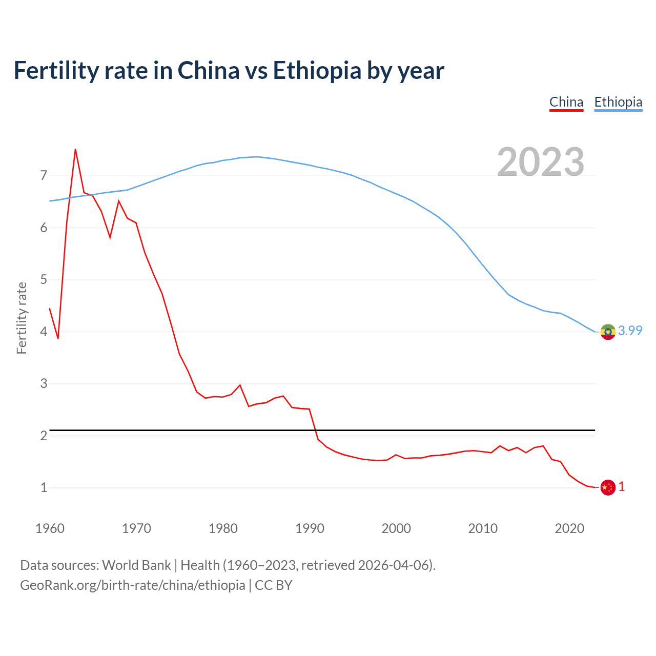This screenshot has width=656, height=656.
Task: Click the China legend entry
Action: [x=566, y=102]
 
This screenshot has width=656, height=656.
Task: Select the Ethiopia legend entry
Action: [x=618, y=102]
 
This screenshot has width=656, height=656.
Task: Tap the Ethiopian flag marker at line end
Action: [x=608, y=332]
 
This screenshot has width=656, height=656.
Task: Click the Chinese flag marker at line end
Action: [x=608, y=487]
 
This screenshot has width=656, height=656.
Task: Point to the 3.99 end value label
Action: [x=630, y=331]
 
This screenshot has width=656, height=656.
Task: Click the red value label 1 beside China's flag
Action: [x=622, y=487]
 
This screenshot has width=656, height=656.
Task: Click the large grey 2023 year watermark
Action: [x=541, y=162]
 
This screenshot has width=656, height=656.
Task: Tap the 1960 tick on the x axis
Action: [x=50, y=528]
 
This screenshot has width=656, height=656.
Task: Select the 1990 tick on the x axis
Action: [x=310, y=528]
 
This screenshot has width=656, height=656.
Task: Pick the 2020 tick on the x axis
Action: [x=569, y=528]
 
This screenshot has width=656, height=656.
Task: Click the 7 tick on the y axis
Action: [x=44, y=176]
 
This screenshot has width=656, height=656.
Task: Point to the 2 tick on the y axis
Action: [x=44, y=436]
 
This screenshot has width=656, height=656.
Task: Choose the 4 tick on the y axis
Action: [x=44, y=332]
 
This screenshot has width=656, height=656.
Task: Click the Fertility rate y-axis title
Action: [x=22, y=318]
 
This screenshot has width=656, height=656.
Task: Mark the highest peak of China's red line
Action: [x=75, y=150]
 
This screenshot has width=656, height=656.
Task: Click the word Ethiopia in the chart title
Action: [x=317, y=70]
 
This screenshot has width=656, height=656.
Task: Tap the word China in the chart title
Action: [x=208, y=70]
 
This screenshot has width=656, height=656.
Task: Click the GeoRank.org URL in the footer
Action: [x=132, y=585]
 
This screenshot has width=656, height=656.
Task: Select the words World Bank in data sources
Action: [x=136, y=565]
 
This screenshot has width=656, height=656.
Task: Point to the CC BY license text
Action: [x=274, y=585]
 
